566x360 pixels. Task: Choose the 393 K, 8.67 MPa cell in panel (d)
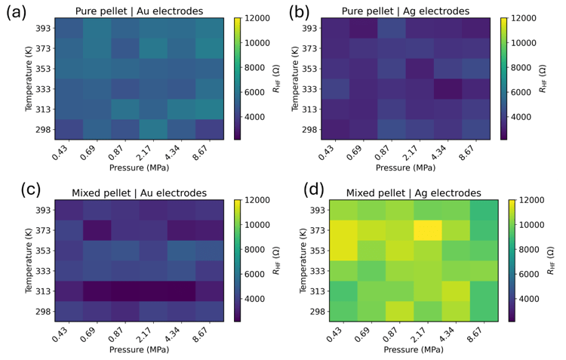(484, 210)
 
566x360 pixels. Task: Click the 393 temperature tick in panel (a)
(43, 28)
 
